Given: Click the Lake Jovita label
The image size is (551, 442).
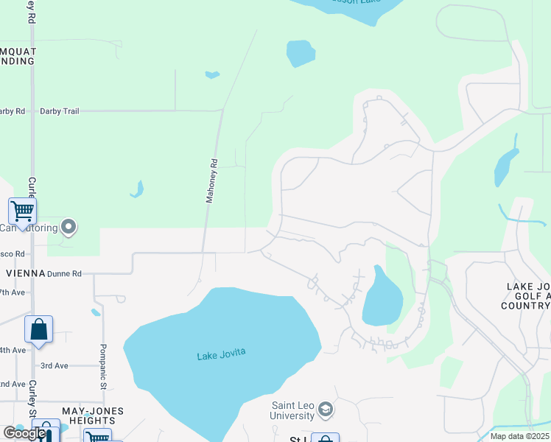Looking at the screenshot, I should [221, 355].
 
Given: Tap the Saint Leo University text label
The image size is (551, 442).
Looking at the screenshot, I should [292, 411].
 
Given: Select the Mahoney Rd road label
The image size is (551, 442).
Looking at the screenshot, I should [211, 180].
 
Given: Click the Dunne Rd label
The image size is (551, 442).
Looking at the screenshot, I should [64, 273].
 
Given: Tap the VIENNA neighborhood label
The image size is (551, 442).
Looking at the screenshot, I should [24, 273].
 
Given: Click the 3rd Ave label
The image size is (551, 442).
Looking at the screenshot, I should [54, 365].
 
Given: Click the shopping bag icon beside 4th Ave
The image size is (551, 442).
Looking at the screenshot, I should [38, 330].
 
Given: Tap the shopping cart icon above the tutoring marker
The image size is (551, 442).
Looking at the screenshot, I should [23, 212].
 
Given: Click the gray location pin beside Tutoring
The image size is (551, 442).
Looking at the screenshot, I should [69, 227].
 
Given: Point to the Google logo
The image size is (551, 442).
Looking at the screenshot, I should [24, 433].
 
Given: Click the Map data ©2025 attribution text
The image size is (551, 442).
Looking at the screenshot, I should [518, 436].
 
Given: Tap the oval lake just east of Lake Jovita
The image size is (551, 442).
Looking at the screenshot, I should [382, 298].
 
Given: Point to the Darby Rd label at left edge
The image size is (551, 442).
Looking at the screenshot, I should [12, 111].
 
